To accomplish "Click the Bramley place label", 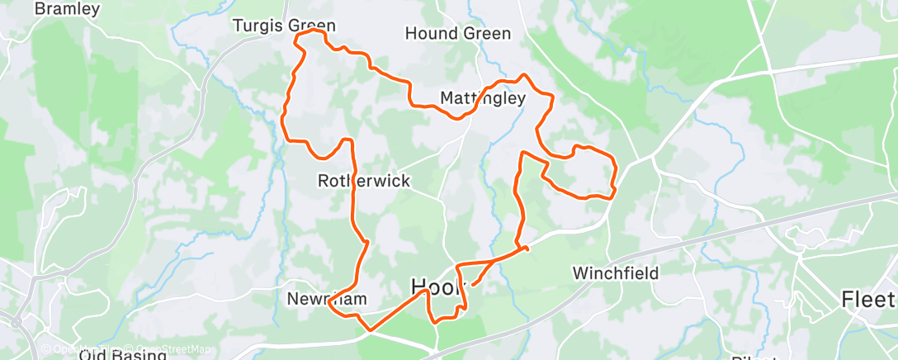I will click(x=68, y=10).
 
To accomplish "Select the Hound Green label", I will click(x=458, y=34).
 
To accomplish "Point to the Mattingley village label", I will click(x=482, y=98).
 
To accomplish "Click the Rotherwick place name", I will click(x=364, y=180).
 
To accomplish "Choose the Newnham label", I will click(x=326, y=298).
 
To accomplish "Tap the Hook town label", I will click(x=439, y=287).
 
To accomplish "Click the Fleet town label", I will click(x=868, y=298).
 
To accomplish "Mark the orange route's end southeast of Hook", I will click(x=472, y=287).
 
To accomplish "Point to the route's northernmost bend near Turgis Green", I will click(x=314, y=31).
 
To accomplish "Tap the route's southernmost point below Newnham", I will click(x=370, y=329).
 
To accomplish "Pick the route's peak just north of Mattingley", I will click(x=521, y=76).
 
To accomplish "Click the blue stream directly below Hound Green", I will click(x=487, y=58).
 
